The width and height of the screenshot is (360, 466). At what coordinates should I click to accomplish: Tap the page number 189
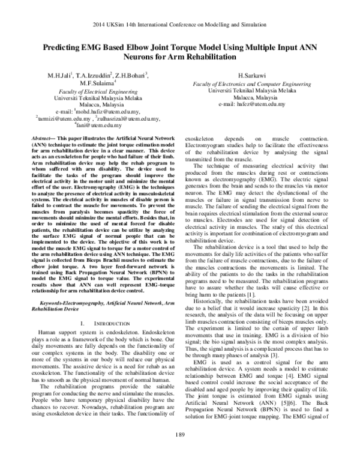[180, 451]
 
